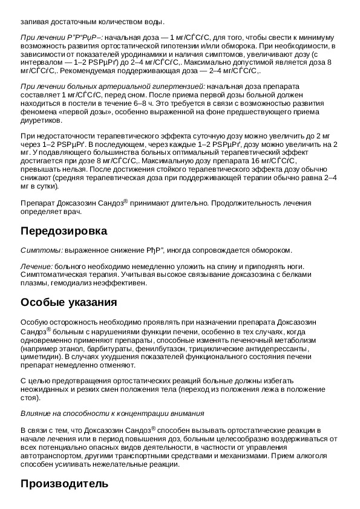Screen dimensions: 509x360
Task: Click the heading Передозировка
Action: pyautogui.click(x=64, y=231)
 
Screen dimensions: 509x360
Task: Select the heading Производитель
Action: pyautogui.click(x=64, y=484)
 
